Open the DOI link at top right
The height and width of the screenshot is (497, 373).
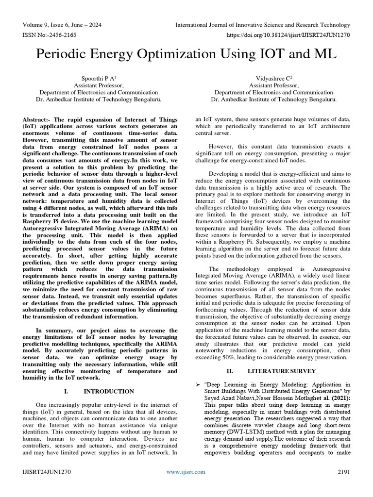coord(288,35)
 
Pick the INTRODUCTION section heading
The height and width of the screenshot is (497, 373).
coord(109,391)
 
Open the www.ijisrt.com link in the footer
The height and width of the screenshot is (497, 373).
coord(186,472)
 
